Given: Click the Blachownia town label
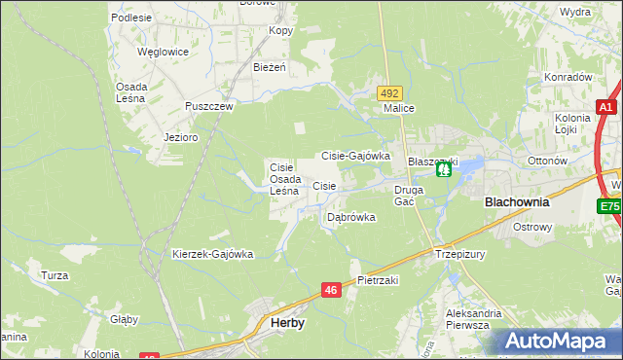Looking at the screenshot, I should (517, 202).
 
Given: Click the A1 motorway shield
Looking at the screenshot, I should (605, 108).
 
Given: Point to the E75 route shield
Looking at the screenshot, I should (610, 206).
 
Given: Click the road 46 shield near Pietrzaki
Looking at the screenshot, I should (332, 290).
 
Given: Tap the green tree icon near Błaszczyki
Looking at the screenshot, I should (444, 169).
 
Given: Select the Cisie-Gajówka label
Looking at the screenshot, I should (355, 155).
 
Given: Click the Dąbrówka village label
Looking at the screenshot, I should (350, 217).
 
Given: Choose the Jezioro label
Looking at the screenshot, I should (181, 137).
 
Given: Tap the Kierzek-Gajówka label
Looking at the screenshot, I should (212, 254).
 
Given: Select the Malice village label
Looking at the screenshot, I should (399, 108).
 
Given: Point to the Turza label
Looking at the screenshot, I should (55, 275).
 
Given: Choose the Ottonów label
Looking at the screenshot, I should (546, 161).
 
